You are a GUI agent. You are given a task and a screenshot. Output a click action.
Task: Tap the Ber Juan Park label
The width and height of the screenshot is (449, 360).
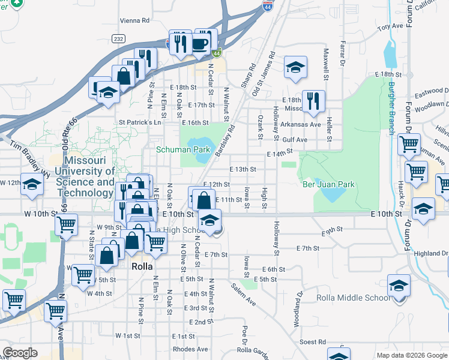click(328, 185)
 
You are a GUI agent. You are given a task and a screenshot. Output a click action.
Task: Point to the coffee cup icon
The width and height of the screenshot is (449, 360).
click(200, 43)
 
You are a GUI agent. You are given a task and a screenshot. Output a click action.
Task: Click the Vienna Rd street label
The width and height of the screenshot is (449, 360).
click(134, 20)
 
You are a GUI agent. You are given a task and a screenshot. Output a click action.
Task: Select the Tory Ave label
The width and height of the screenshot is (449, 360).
click(390, 27)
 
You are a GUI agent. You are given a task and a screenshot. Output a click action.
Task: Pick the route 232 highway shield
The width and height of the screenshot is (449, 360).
click(118, 38)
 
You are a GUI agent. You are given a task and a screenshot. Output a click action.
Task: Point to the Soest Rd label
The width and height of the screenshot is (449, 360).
click(313, 342)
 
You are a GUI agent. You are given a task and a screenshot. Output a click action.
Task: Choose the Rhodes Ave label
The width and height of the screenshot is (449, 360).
click(190, 349)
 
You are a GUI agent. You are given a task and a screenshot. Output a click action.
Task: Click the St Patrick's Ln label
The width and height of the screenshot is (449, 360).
click(140, 122)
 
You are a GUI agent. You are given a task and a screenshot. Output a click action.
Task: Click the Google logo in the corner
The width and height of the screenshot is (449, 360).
click(20, 353)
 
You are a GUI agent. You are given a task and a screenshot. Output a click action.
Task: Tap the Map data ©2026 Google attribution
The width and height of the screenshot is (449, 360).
click(412, 355)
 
